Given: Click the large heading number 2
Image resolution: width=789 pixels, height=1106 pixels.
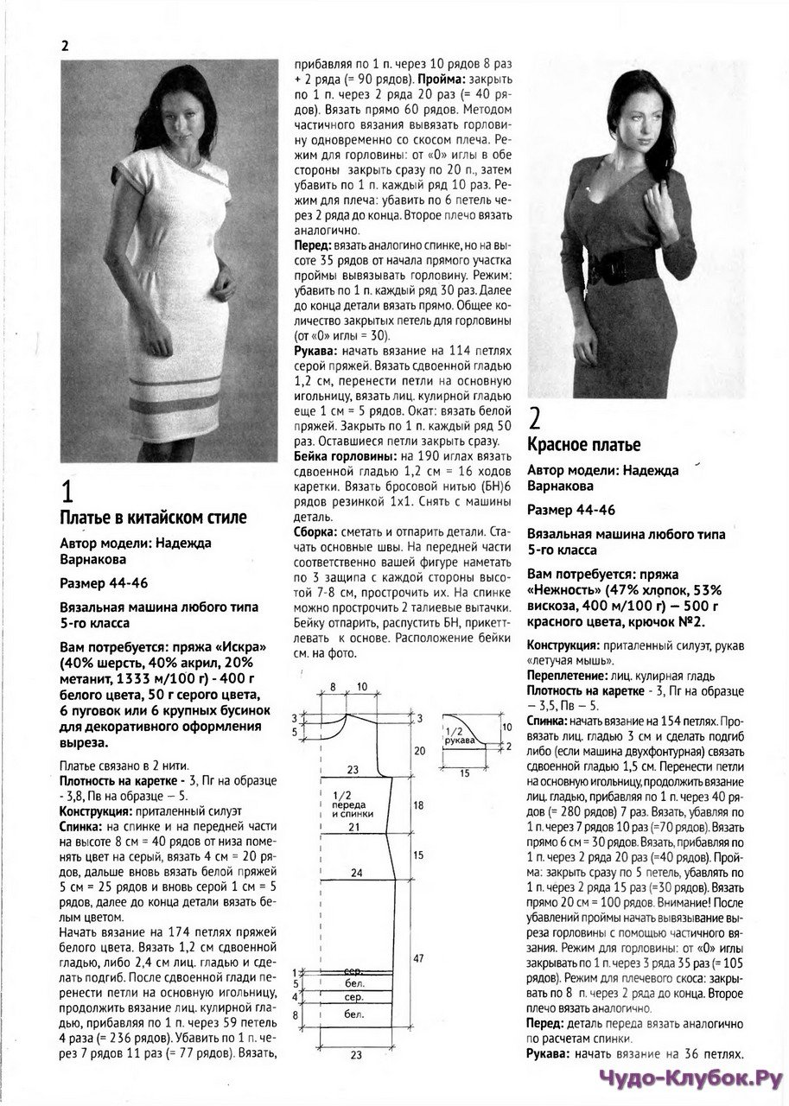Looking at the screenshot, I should click(x=535, y=420).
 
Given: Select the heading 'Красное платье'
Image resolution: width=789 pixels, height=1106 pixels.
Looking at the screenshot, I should click(x=583, y=446).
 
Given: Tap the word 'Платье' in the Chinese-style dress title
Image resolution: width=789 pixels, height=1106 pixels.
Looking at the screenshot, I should click(x=85, y=518).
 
